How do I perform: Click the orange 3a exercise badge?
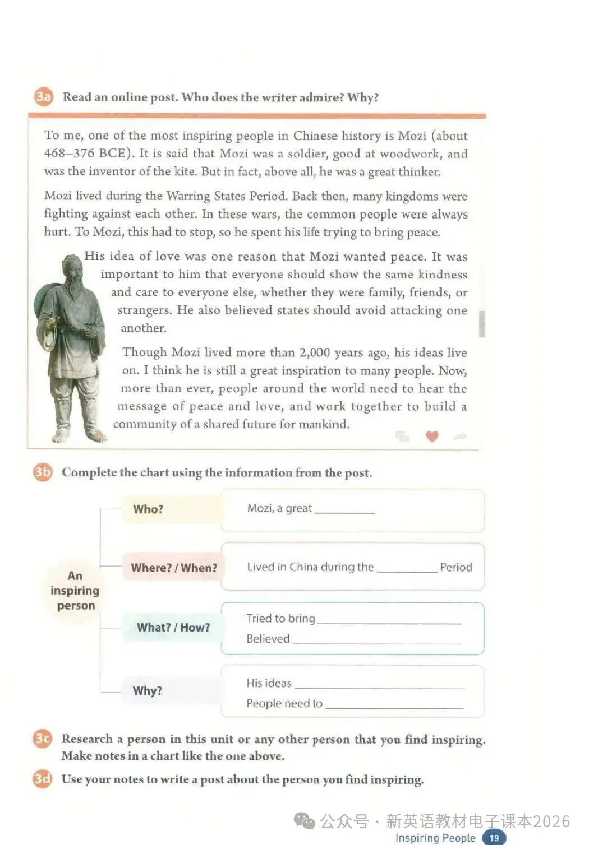pos(43,97)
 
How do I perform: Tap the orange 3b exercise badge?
pos(43,472)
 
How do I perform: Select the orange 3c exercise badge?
pos(43,739)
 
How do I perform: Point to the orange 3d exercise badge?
pos(43,779)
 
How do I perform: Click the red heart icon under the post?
pos(432,436)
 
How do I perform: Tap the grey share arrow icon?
pos(460,436)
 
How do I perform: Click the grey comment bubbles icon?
pos(403,436)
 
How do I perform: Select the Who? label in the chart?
pos(148,509)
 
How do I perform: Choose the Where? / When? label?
pos(174,568)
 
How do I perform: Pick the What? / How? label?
pos(173,627)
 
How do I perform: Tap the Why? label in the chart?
pos(148,690)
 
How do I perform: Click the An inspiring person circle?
pos(75,591)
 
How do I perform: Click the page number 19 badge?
pos(494,838)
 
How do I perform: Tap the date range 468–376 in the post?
pos(68,154)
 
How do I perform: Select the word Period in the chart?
pos(456,567)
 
